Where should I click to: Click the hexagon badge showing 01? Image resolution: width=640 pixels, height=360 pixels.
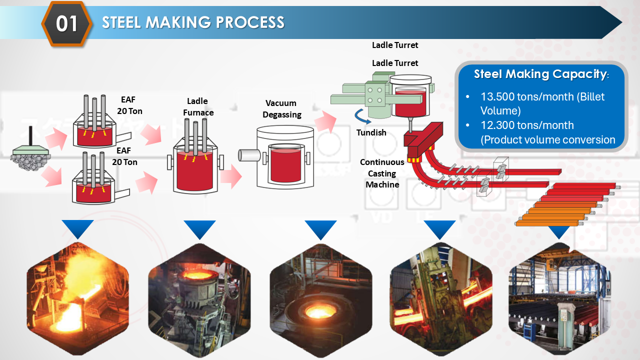66,23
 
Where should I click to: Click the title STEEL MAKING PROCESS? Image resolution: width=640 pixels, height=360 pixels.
193,22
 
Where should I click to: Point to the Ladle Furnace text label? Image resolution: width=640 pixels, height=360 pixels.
198,107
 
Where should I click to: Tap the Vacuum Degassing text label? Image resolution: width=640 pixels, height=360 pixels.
283,109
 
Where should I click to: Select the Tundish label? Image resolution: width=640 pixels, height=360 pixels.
371,132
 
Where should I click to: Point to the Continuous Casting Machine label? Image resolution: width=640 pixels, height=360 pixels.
382,173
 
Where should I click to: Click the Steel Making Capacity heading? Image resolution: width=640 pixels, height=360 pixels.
540,74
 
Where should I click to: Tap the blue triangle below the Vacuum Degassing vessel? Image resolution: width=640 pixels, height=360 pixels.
320,229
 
